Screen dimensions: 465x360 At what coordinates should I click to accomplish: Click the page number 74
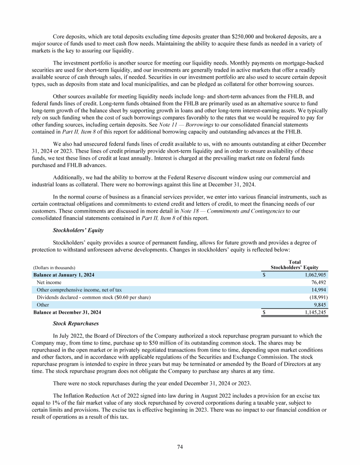click(180, 447)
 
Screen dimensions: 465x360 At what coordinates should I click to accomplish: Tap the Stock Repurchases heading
click(74, 323)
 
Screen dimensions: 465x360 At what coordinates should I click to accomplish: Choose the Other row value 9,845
click(319, 304)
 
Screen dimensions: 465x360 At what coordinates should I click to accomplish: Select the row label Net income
click(49, 282)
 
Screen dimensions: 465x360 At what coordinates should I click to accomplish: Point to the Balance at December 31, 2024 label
click(67, 312)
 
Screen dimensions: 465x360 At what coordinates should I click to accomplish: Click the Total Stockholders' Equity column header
click(295, 265)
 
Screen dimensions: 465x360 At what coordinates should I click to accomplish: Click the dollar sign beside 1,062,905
click(264, 275)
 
